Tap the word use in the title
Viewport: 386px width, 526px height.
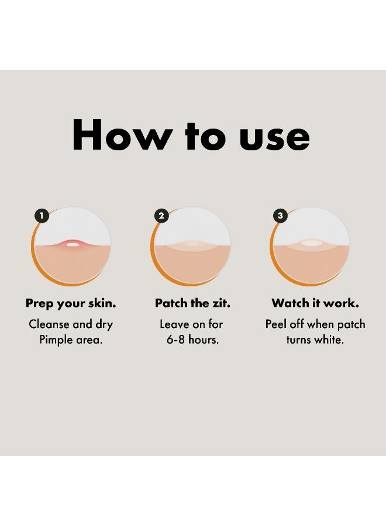coord(274,138)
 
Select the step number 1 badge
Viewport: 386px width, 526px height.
coord(42,216)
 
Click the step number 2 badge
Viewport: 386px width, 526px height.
coord(161,216)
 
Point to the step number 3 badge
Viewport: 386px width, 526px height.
coord(280,216)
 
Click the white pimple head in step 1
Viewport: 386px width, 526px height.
coord(72,244)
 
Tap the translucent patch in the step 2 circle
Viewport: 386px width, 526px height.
coord(191,245)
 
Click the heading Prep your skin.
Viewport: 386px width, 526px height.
coord(71,303)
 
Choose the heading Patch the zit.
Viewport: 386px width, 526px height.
coord(192,303)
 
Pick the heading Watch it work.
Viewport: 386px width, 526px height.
coord(315,303)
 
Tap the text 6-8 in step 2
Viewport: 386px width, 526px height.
coord(175,340)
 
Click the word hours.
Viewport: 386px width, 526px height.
coord(204,340)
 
